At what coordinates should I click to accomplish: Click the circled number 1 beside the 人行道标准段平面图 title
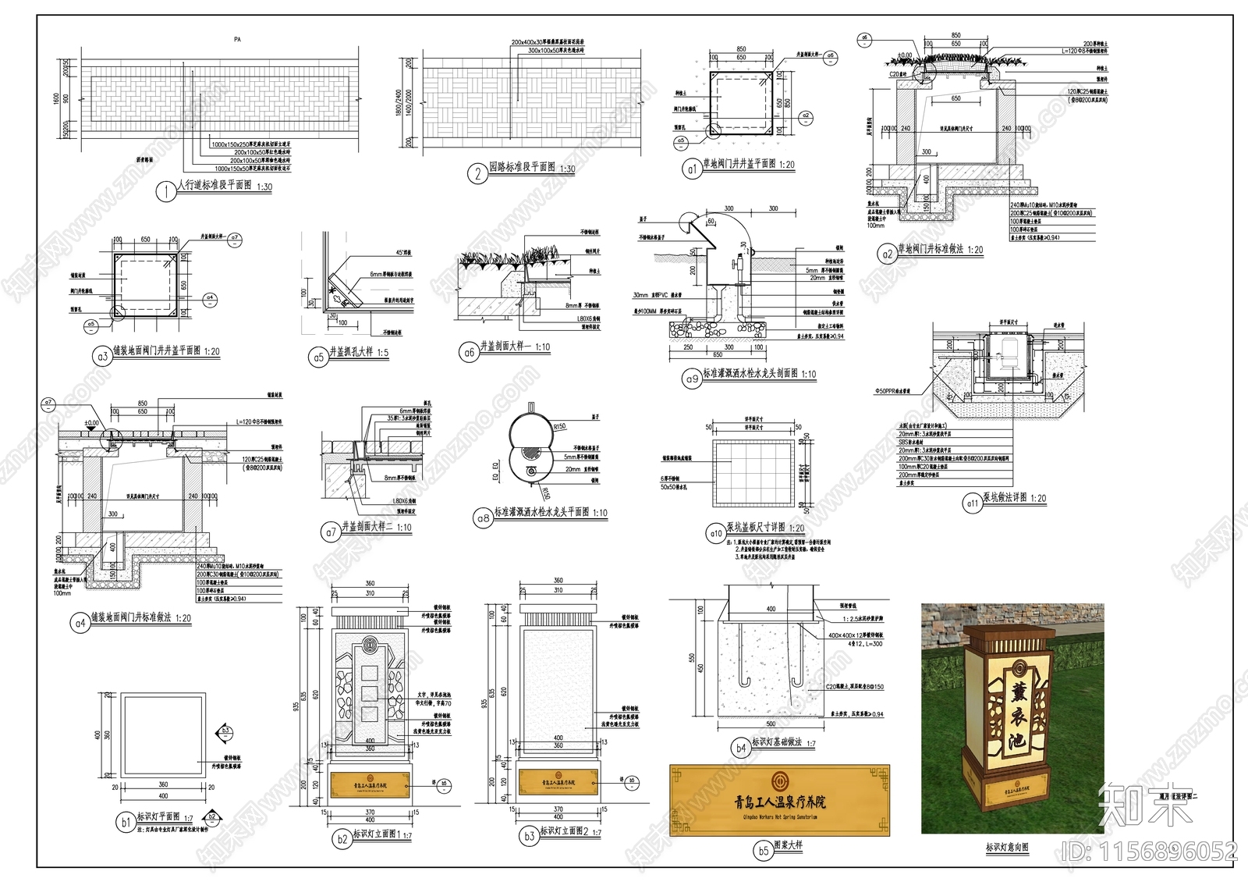[166, 191]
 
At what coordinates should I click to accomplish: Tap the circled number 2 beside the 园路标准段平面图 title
[478, 173]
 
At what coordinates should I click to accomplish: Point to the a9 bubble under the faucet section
[692, 379]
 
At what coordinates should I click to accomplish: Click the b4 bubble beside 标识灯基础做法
[739, 748]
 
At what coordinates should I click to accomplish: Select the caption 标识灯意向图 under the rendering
[1007, 847]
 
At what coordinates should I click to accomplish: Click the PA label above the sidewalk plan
[237, 38]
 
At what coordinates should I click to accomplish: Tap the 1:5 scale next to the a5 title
[382, 353]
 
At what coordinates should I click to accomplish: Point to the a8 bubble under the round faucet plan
[484, 517]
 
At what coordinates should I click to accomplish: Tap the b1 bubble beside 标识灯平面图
[126, 822]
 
